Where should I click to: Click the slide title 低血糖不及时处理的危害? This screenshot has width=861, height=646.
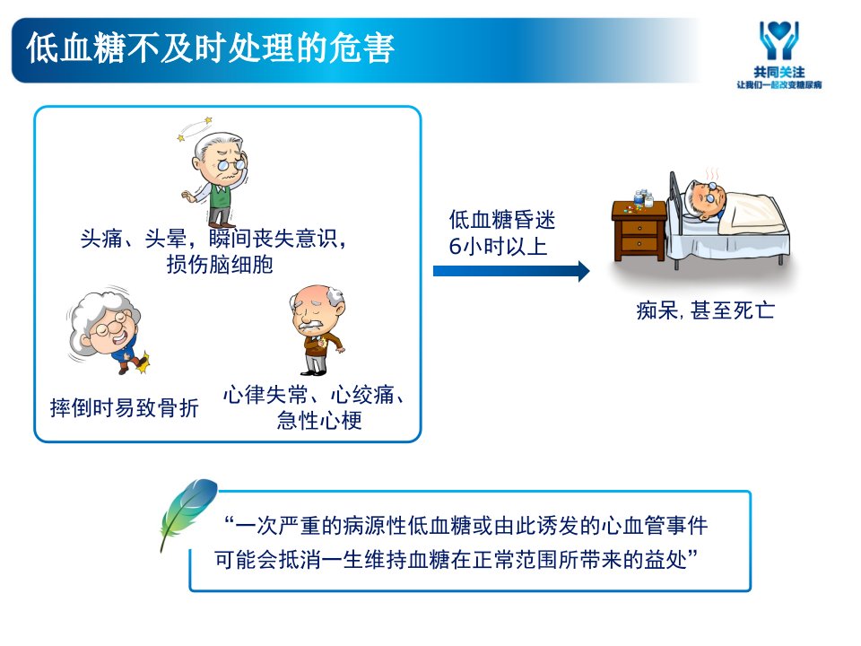[210, 48]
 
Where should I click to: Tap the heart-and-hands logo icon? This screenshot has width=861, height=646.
[778, 40]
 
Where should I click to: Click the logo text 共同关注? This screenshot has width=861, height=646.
[778, 72]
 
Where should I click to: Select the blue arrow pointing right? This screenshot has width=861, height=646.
[511, 271]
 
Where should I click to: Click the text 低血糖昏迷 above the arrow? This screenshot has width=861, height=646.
[502, 220]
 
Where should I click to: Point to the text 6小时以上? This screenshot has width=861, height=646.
[498, 246]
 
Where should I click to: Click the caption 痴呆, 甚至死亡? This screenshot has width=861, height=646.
[706, 311]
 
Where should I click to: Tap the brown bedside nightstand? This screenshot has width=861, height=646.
[639, 231]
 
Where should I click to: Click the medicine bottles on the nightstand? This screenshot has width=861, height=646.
[643, 198]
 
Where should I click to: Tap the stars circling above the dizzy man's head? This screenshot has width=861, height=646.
[195, 128]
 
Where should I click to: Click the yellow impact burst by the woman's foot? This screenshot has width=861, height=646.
[143, 363]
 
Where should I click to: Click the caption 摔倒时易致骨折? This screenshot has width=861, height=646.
[124, 408]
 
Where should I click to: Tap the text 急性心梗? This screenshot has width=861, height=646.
[319, 421]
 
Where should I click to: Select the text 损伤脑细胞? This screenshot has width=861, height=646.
[220, 265]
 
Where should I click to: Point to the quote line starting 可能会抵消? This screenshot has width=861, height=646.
[457, 560]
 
